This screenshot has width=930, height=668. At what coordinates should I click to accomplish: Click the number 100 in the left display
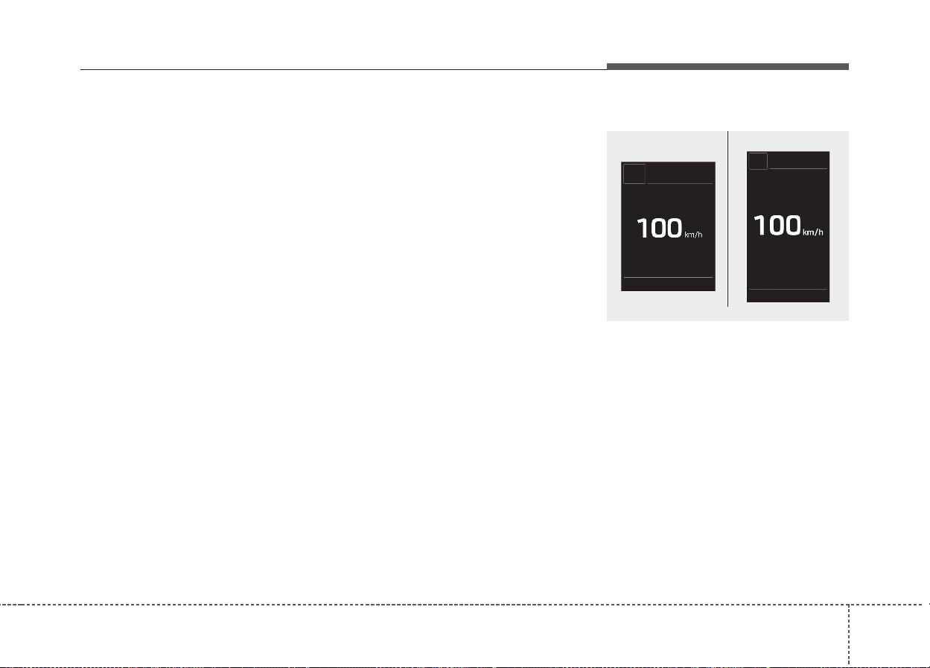click(659, 228)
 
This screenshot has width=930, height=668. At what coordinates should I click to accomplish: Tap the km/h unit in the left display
click(693, 235)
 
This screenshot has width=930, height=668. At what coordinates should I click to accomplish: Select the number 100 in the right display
click(777, 226)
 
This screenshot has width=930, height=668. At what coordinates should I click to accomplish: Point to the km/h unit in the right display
click(813, 232)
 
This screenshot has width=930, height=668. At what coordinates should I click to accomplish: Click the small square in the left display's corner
click(634, 174)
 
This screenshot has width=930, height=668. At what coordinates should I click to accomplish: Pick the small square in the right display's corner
click(758, 161)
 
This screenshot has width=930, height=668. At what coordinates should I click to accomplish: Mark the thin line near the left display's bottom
click(668, 277)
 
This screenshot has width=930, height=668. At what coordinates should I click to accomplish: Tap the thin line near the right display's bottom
click(788, 289)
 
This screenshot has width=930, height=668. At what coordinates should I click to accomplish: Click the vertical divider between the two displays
click(727, 219)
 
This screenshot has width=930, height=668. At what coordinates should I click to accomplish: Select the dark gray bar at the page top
click(727, 67)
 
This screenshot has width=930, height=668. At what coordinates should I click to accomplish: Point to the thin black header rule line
click(343, 69)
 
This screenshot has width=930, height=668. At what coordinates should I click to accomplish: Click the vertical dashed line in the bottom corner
click(849, 636)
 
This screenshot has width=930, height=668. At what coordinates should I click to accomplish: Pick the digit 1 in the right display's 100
click(759, 226)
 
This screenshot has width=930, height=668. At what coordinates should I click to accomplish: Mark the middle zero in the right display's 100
click(775, 226)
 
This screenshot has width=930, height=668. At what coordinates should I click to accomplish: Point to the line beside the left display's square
click(679, 183)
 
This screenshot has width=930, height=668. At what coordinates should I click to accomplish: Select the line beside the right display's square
click(797, 168)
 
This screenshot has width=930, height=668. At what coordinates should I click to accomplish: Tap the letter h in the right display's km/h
click(821, 232)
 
